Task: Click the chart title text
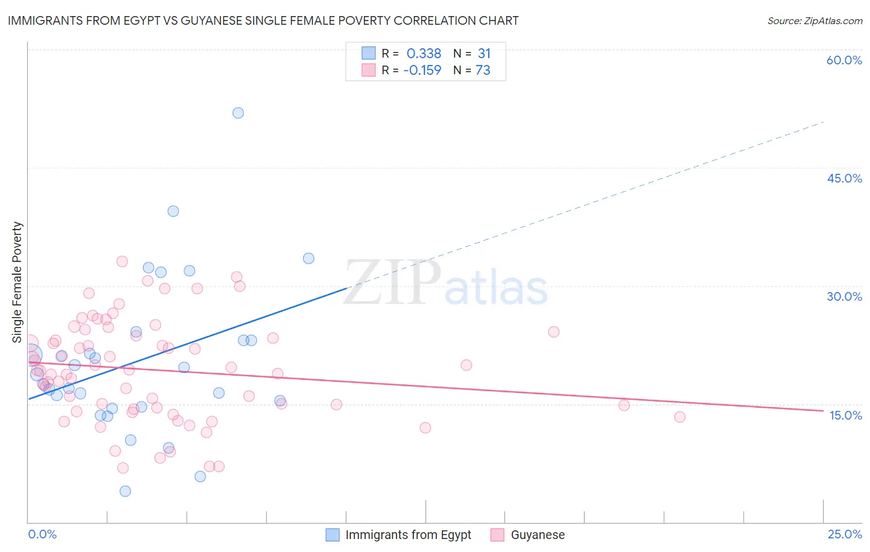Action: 263,20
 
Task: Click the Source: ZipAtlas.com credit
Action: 814,20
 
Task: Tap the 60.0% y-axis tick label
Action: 844,60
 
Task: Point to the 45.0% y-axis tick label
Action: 844,178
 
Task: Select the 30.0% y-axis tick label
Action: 844,296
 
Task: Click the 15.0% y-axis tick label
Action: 845,415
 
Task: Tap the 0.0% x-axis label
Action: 42,534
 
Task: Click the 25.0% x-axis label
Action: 845,534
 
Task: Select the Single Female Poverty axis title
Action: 17,282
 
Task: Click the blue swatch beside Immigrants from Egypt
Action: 332,535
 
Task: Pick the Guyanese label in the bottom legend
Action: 537,535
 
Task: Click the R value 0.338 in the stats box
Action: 424,54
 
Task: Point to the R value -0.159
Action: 422,71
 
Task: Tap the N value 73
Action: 483,71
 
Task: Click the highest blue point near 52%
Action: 238,113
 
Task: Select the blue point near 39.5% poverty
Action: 173,211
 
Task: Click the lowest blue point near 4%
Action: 125,491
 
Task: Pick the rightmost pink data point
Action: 679,417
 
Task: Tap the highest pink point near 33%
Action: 122,262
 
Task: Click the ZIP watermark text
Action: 392,283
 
